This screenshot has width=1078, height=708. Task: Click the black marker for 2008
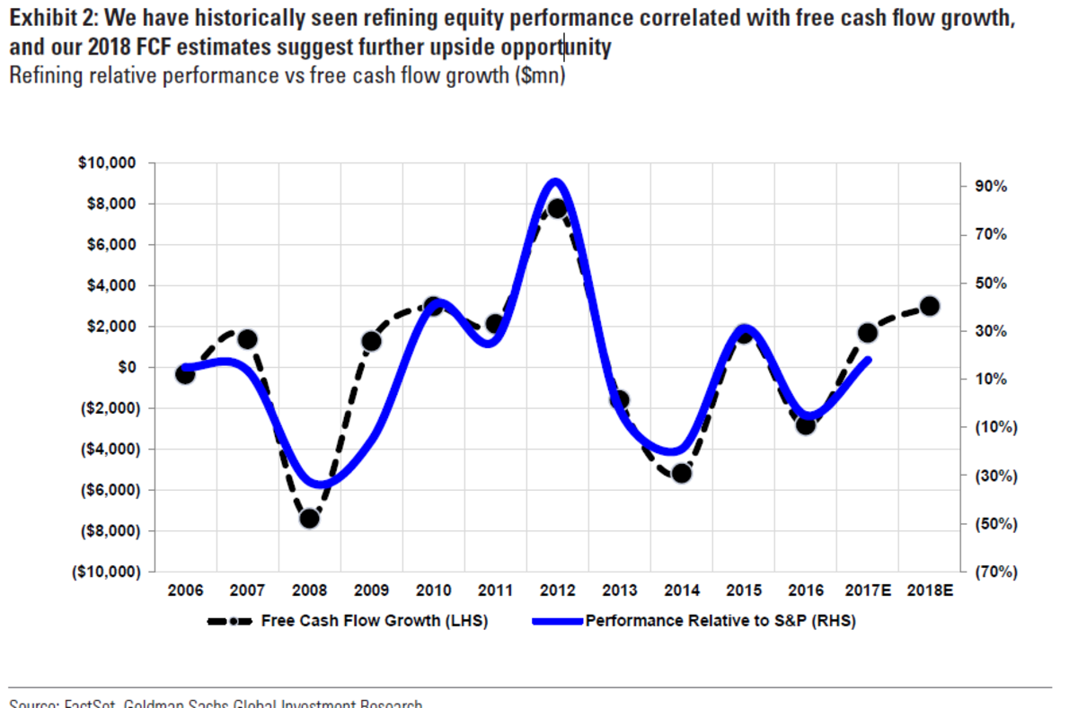(310, 518)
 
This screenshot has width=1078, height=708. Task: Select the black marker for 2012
(557, 208)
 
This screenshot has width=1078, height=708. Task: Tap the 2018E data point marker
(930, 306)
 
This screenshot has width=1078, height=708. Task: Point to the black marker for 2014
(681, 472)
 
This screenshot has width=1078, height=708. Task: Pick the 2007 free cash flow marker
(248, 339)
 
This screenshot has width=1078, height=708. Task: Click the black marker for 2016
(806, 424)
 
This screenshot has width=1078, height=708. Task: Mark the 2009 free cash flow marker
(372, 341)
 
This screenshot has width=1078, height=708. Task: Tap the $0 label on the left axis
(126, 367)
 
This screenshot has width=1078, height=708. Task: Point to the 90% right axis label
(991, 187)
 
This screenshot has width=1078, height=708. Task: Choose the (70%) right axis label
(995, 572)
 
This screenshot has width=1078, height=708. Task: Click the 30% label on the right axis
(991, 331)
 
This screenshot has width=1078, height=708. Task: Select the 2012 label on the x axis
(557, 591)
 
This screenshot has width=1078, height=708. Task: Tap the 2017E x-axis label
(867, 591)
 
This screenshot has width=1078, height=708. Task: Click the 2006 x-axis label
(185, 591)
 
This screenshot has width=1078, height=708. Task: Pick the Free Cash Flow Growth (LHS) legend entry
(374, 621)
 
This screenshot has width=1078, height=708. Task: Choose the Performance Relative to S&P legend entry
(720, 621)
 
